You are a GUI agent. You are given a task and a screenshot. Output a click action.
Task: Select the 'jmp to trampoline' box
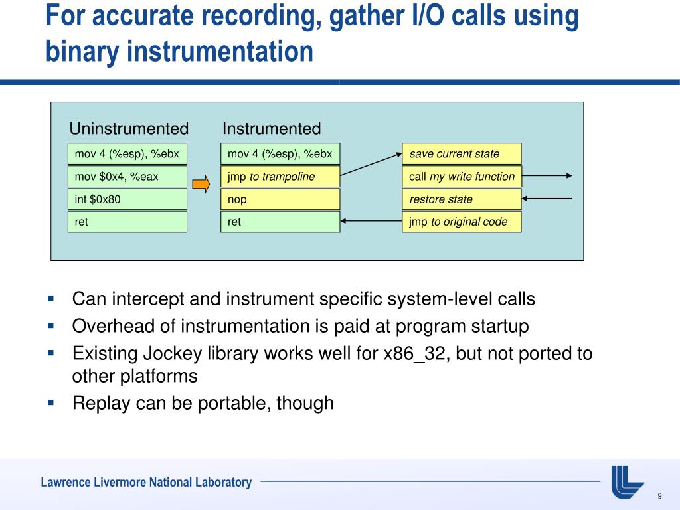pyautogui.click(x=280, y=177)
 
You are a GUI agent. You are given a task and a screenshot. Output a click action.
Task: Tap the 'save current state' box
pyautogui.click(x=462, y=154)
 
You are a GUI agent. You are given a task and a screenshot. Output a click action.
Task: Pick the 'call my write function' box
pyautogui.click(x=462, y=177)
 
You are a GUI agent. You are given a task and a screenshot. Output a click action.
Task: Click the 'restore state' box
pyautogui.click(x=462, y=199)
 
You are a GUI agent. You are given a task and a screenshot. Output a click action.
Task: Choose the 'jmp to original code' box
pyautogui.click(x=462, y=222)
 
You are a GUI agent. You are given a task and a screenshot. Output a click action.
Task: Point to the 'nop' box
pyautogui.click(x=280, y=199)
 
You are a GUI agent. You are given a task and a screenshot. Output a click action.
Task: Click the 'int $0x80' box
pyautogui.click(x=127, y=199)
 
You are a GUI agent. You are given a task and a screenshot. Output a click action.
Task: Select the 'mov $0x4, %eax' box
pyautogui.click(x=127, y=177)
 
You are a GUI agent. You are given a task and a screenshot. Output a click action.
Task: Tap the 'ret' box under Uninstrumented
pyautogui.click(x=127, y=222)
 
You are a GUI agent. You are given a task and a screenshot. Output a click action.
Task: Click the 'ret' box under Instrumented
pyautogui.click(x=280, y=222)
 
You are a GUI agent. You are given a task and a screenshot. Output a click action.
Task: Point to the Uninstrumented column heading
pyautogui.click(x=129, y=129)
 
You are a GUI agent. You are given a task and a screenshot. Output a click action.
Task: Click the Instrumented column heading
pyautogui.click(x=272, y=129)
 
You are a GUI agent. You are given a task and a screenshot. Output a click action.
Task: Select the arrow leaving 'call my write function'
pyautogui.click(x=547, y=176)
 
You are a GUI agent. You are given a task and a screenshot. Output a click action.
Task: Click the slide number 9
pyautogui.click(x=659, y=497)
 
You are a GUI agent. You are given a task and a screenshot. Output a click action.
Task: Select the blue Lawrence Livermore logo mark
pyautogui.click(x=627, y=481)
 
